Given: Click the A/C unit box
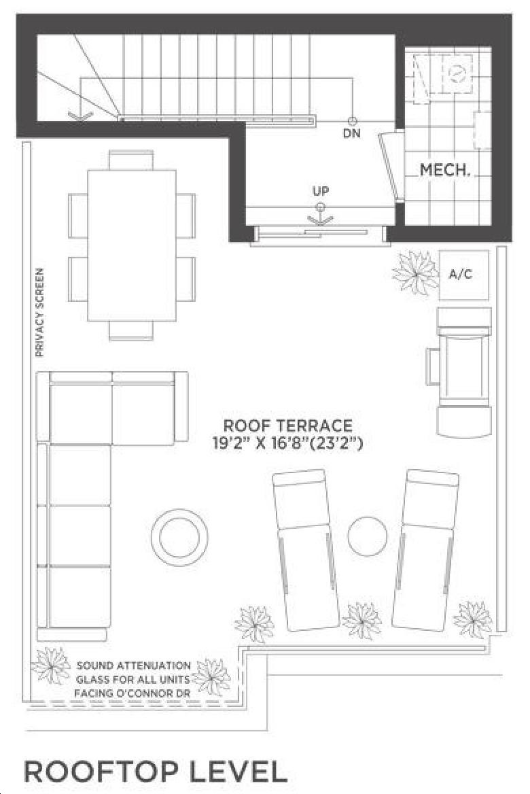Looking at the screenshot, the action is pyautogui.click(x=463, y=275).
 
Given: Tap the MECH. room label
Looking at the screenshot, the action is pyautogui.click(x=446, y=170).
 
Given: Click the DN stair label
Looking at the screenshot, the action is pyautogui.click(x=352, y=134).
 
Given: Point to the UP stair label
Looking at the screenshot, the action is pyautogui.click(x=321, y=191).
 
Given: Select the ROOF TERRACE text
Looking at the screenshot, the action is pyautogui.click(x=288, y=425).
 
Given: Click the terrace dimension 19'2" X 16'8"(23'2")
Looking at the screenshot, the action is pyautogui.click(x=287, y=444).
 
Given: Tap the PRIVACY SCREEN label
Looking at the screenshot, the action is pyautogui.click(x=39, y=313).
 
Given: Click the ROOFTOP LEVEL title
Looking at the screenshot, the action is pyautogui.click(x=156, y=772).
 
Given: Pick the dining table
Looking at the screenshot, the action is pyautogui.click(x=132, y=245).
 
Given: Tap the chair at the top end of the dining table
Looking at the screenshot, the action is pyautogui.click(x=131, y=160).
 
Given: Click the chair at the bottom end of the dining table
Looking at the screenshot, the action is pyautogui.click(x=131, y=330).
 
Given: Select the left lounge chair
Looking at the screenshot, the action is pyautogui.click(x=306, y=551).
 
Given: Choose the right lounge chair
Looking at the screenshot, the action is pyautogui.click(x=426, y=551).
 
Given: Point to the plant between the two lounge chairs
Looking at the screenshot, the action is pyautogui.click(x=361, y=621).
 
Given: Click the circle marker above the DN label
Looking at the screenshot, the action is pyautogui.click(x=352, y=121).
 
